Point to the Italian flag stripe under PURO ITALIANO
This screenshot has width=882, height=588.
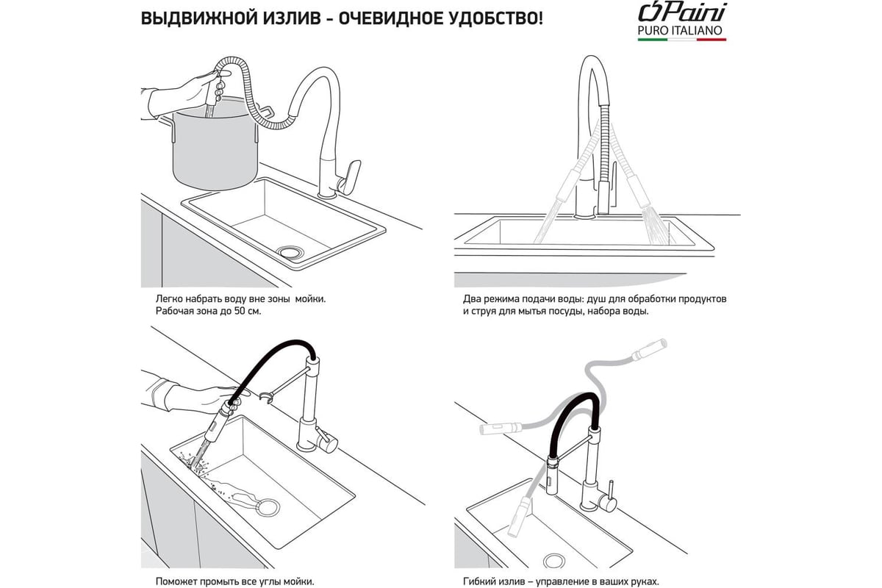682,40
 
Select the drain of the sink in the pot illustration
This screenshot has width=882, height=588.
290,251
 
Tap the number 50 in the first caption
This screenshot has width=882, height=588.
240,311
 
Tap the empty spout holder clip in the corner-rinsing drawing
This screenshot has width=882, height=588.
266,397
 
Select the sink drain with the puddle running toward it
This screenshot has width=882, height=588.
269,507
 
